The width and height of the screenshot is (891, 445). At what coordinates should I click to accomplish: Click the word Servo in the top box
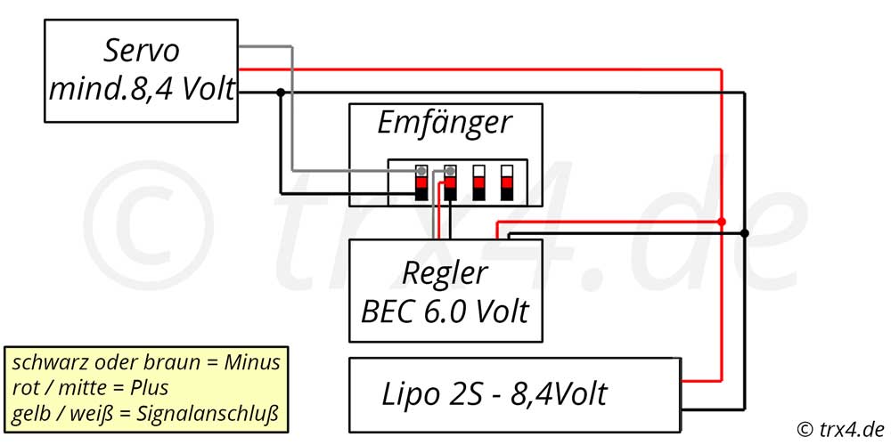coord(141,51)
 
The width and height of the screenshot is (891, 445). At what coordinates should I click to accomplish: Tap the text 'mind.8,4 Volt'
coord(142,89)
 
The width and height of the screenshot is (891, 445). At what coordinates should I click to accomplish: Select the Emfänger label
coord(445,123)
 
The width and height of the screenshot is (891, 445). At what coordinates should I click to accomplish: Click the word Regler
coord(445,273)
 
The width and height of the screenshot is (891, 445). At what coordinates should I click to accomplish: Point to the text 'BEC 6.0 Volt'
coord(445,311)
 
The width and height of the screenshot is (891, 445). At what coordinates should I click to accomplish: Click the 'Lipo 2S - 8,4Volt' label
coord(494,393)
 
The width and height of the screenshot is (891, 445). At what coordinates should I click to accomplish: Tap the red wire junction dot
coord(722,222)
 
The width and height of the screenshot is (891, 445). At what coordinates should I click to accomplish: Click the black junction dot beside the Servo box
coord(280,92)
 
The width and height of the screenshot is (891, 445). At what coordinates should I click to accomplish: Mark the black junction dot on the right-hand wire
coord(744,233)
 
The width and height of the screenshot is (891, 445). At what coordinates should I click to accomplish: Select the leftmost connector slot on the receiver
coord(421,182)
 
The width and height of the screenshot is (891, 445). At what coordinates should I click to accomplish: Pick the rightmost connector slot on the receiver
coord(507,182)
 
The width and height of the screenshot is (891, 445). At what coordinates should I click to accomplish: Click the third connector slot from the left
coord(479,182)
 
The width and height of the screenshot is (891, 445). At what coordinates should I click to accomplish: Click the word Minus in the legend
coord(252,362)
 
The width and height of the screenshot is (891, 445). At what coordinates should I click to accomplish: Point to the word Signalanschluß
coord(208,415)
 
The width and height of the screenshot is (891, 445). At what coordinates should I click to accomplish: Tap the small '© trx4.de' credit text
coord(841,429)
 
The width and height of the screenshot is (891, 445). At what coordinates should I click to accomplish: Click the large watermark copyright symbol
coord(149,225)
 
